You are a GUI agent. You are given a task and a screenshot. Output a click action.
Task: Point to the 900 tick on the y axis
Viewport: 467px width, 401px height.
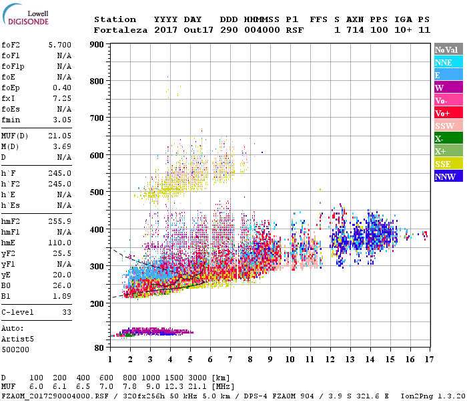97,45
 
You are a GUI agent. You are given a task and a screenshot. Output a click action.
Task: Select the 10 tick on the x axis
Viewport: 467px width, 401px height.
290,360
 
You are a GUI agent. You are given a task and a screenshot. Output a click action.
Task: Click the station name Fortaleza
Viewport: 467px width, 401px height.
121,30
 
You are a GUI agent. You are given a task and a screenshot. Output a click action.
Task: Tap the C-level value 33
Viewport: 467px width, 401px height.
67,312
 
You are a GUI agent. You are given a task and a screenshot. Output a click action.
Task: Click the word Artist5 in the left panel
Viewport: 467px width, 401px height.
17,339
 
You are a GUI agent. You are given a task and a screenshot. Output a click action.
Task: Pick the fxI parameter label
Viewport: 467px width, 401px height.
10,98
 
